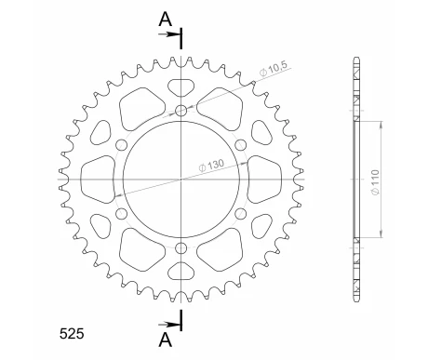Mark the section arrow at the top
[173, 35]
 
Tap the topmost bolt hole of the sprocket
[181, 113]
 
